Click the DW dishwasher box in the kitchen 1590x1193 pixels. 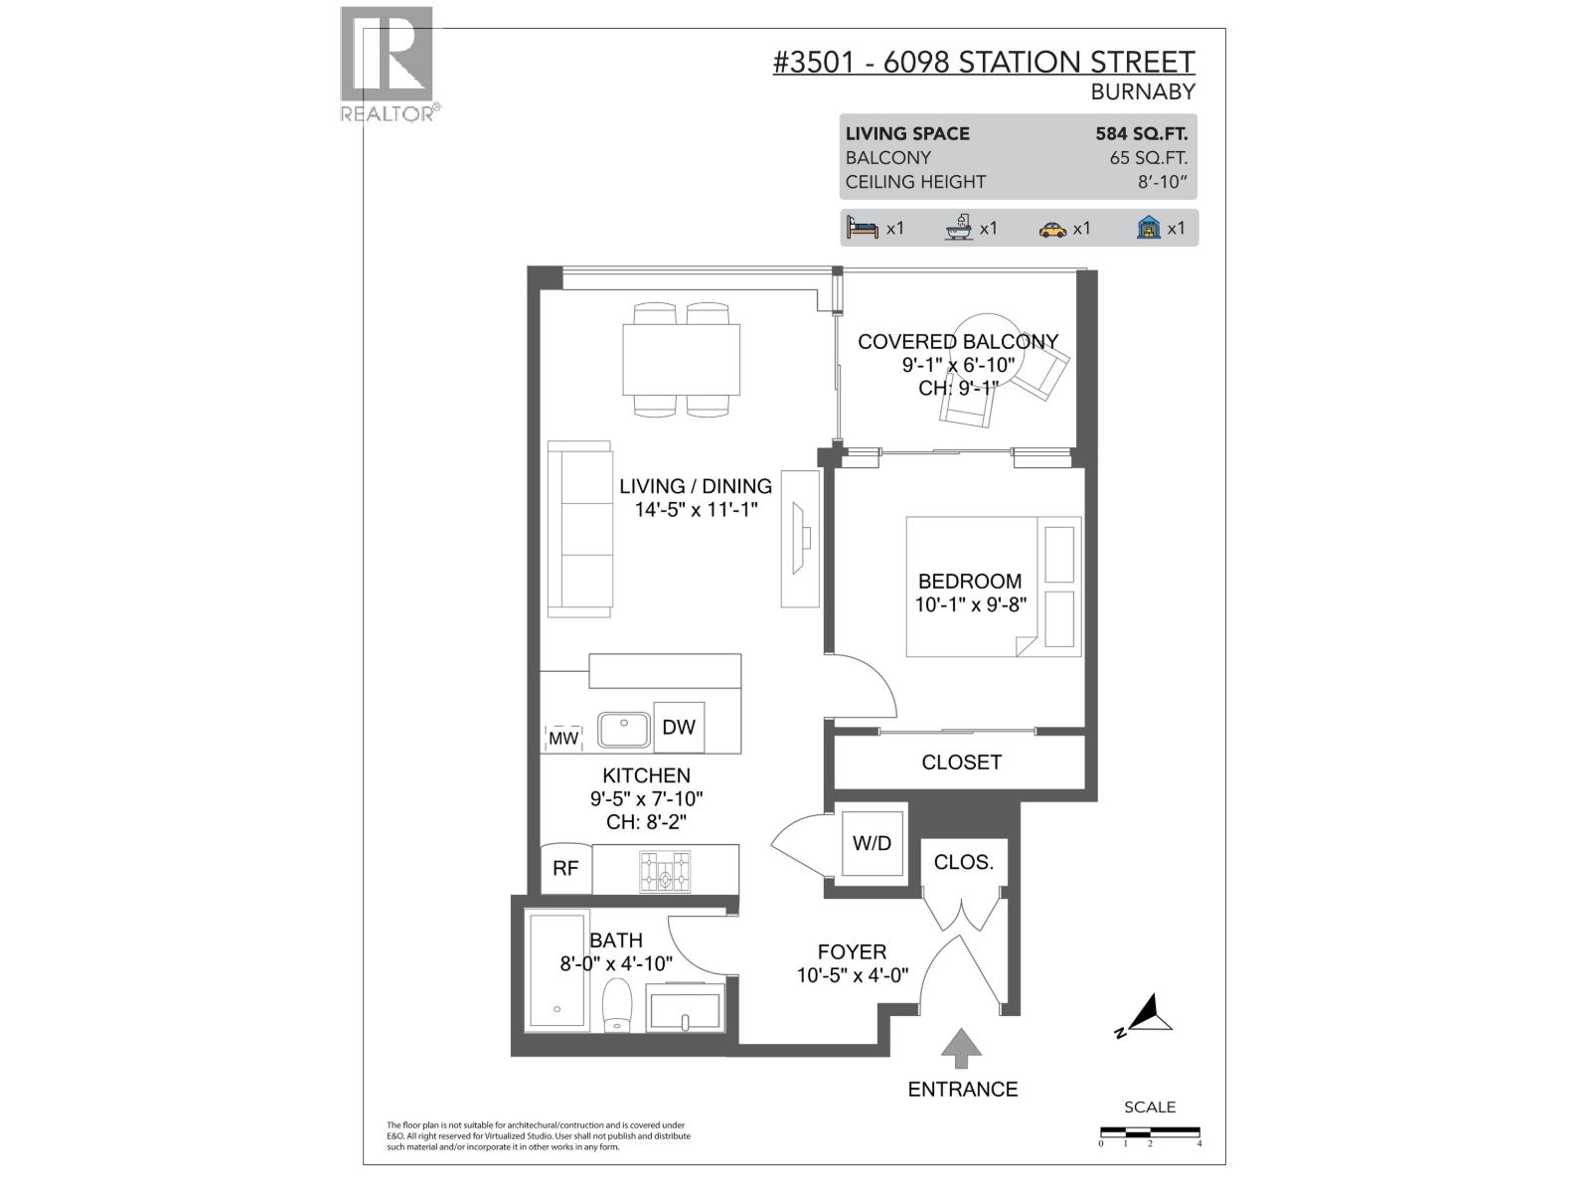pyautogui.click(x=679, y=727)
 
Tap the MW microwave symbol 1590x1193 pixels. pyautogui.click(x=563, y=739)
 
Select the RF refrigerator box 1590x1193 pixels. pyautogui.click(x=565, y=868)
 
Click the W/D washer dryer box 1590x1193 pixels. pyautogui.click(x=872, y=843)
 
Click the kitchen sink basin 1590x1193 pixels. pyautogui.click(x=623, y=729)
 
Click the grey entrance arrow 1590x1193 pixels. pyautogui.click(x=961, y=1048)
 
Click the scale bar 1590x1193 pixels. pyautogui.click(x=1150, y=1132)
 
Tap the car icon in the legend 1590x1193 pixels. pyautogui.click(x=1052, y=229)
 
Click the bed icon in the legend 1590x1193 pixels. pyautogui.click(x=862, y=228)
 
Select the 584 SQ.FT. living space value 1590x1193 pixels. pyautogui.click(x=1141, y=133)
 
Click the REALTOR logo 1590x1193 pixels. pyautogui.click(x=387, y=63)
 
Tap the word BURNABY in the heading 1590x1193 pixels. pyautogui.click(x=1142, y=91)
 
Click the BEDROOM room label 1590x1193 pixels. pyautogui.click(x=969, y=581)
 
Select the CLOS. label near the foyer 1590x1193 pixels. pyautogui.click(x=963, y=862)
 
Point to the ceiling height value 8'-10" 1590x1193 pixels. pyautogui.click(x=1164, y=182)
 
